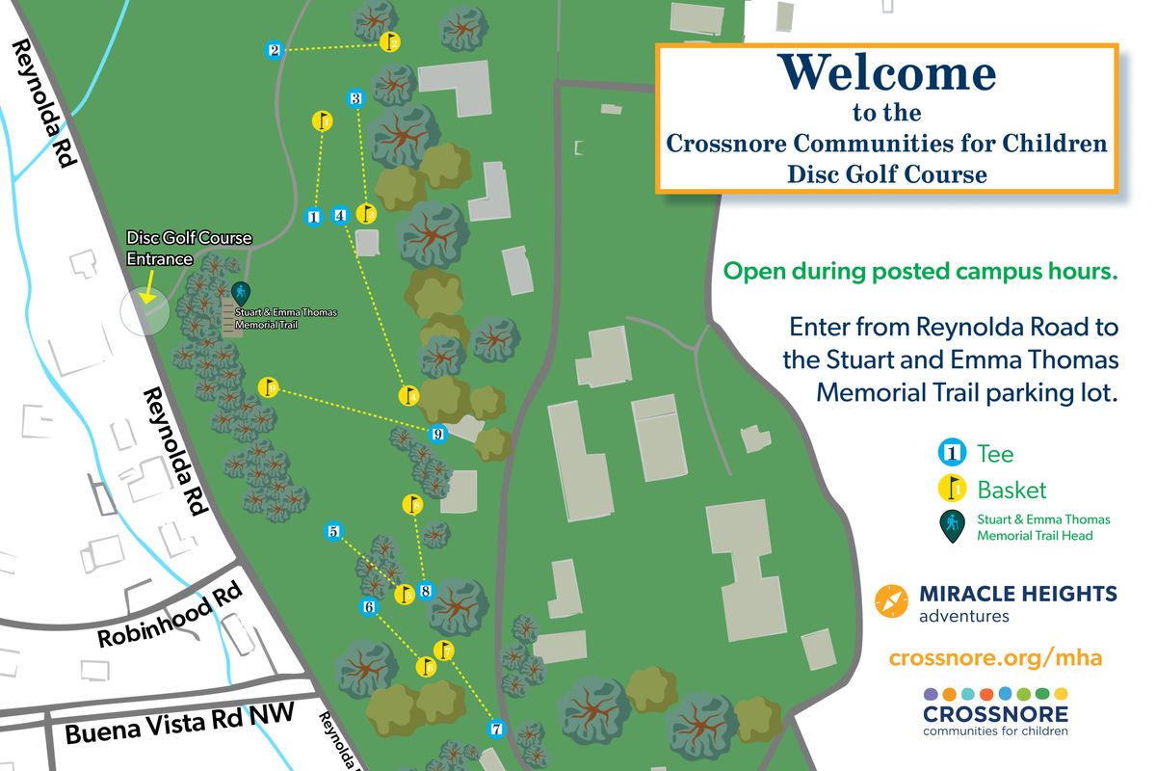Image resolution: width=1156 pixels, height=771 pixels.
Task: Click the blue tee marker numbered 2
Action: tap(275, 50)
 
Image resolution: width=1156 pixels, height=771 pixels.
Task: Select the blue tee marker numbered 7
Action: tap(496, 729)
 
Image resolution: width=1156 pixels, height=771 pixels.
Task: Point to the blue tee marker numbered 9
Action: tap(438, 434)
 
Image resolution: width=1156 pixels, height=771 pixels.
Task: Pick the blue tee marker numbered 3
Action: tap(355, 98)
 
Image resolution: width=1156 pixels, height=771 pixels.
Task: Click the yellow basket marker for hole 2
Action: tap(390, 42)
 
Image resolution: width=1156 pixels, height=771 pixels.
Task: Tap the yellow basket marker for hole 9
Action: tap(269, 387)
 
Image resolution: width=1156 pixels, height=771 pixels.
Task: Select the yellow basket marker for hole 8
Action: tap(411, 504)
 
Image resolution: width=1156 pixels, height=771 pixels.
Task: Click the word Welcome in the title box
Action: tap(886, 74)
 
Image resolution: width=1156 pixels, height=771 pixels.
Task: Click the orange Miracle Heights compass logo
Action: tap(891, 601)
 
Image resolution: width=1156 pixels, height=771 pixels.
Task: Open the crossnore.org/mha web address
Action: tap(995, 658)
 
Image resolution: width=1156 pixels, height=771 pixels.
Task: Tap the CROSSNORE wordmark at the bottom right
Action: tap(995, 714)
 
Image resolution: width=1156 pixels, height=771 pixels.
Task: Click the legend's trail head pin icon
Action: tap(953, 526)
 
